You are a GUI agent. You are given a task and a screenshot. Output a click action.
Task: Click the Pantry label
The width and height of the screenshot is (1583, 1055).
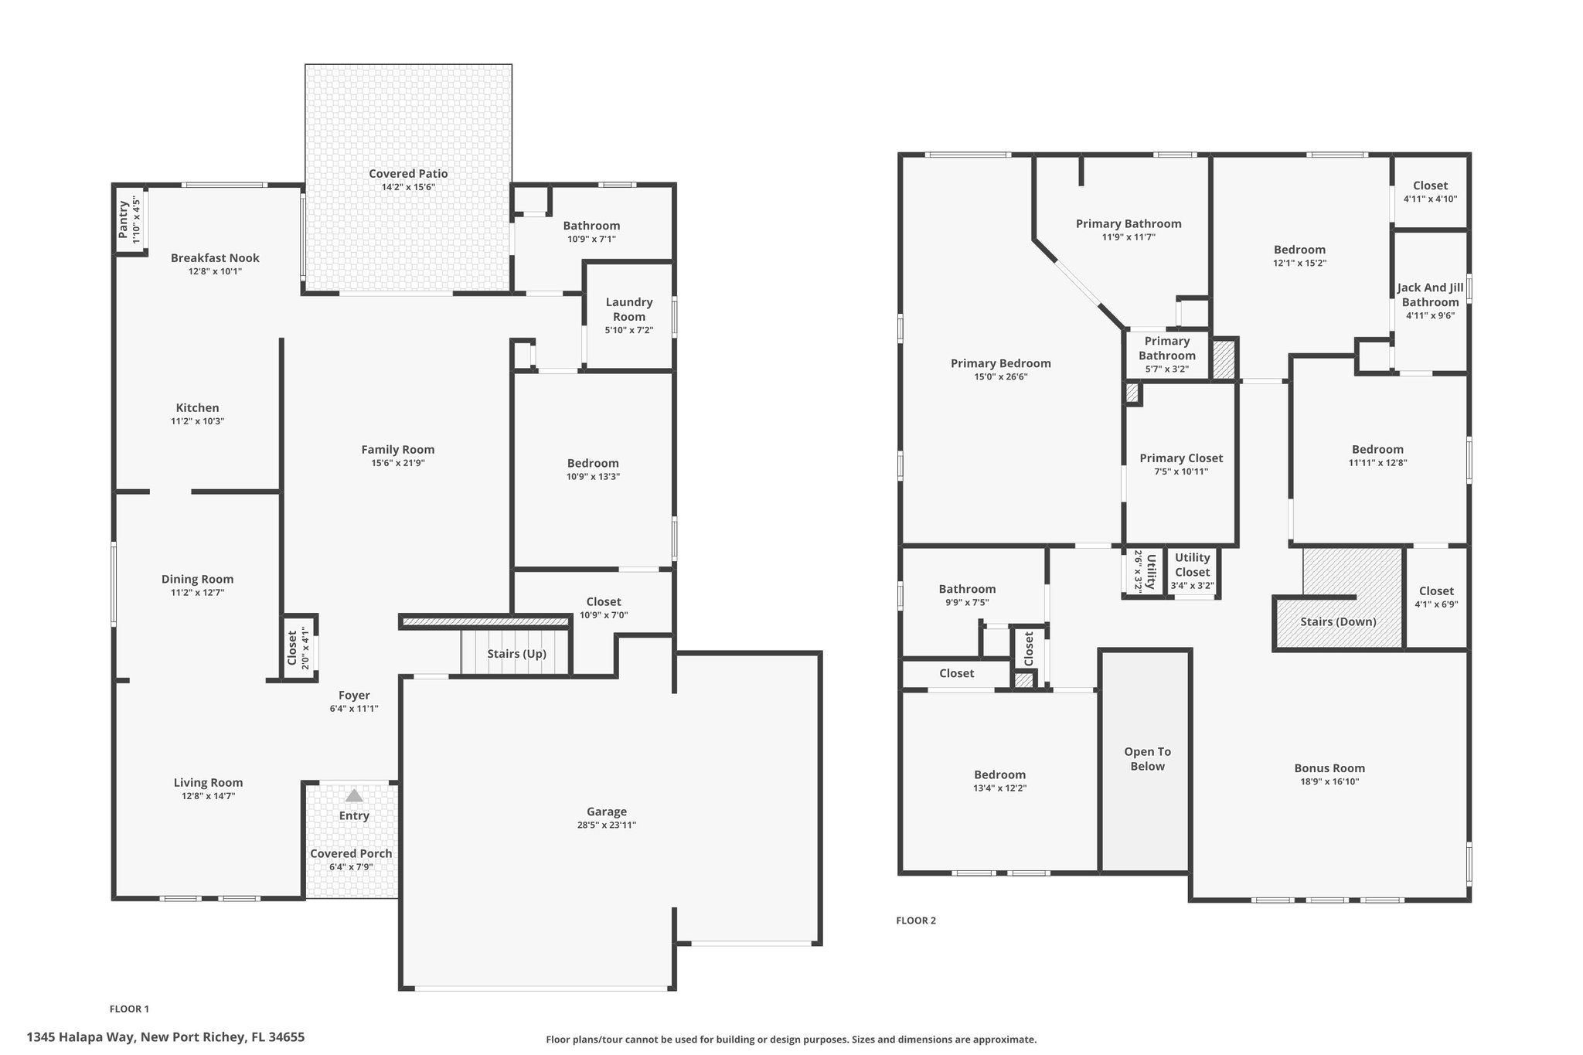(x=124, y=220)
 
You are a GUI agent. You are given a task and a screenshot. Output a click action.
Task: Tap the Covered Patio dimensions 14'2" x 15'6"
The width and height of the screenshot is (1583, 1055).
(x=408, y=187)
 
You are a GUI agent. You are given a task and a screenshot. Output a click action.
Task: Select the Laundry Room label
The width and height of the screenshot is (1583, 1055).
(x=629, y=309)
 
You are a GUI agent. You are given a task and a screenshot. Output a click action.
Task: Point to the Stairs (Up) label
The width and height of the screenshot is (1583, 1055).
(x=516, y=654)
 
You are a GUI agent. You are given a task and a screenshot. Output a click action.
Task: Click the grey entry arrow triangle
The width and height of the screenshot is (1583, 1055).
(x=354, y=795)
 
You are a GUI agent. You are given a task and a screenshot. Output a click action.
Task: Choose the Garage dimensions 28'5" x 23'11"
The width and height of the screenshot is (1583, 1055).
(x=607, y=825)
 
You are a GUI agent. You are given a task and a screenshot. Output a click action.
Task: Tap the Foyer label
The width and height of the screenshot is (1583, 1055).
(x=354, y=696)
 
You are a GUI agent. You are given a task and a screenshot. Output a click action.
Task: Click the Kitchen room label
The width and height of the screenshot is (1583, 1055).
(x=198, y=408)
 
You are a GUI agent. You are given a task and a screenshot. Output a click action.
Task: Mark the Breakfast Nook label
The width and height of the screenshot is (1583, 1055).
(x=215, y=258)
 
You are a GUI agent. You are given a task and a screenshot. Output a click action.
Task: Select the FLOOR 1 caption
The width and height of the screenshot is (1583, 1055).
(x=129, y=1009)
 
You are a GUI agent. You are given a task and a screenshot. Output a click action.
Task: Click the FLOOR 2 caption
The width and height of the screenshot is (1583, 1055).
(x=916, y=921)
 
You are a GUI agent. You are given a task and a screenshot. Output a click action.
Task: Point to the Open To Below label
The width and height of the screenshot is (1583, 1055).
(x=1148, y=759)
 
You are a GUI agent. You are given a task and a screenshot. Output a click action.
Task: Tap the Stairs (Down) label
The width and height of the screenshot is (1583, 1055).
(x=1338, y=621)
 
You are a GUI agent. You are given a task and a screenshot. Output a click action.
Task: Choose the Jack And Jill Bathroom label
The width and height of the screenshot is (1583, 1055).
(x=1431, y=294)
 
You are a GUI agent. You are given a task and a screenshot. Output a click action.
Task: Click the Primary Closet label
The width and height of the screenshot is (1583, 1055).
(x=1181, y=458)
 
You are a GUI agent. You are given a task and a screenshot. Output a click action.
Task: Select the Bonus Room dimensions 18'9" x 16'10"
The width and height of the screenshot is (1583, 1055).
(x=1329, y=781)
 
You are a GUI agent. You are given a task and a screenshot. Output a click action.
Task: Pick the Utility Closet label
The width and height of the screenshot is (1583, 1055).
(x=1193, y=565)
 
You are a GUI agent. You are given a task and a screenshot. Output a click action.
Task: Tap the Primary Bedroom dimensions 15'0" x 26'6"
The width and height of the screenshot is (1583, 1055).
(x=1000, y=377)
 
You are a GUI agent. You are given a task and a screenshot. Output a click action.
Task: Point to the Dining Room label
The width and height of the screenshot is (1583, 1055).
(x=197, y=579)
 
